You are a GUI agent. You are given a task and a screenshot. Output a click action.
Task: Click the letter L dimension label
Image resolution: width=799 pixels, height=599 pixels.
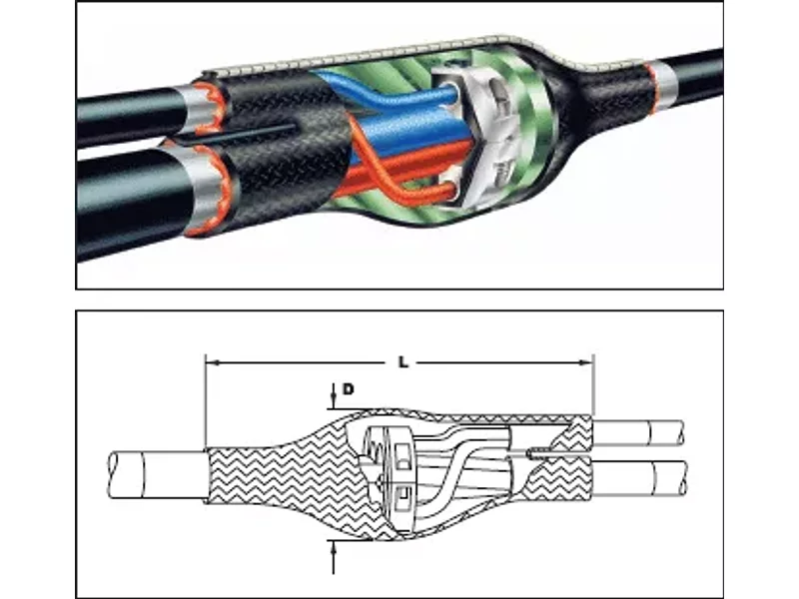(403, 362)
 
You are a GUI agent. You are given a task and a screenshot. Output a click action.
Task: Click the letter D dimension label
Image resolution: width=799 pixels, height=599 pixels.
(348, 389)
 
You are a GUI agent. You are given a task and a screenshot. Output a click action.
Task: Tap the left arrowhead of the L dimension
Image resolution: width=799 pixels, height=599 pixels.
(212, 362)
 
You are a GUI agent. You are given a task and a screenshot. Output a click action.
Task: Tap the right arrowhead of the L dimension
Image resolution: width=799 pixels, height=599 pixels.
(586, 362)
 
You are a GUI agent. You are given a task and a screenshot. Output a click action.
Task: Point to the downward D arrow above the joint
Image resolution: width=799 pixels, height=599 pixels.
(334, 395)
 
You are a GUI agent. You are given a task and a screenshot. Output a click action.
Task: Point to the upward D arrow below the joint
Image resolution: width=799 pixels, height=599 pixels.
(334, 558)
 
